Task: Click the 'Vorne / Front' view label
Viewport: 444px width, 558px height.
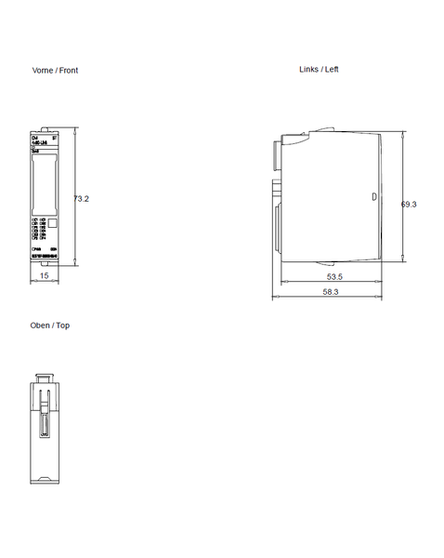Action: [55, 71]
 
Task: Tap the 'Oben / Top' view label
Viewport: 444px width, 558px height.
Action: [50, 325]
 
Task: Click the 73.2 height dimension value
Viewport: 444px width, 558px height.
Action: [81, 198]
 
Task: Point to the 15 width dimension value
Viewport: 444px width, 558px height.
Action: [44, 276]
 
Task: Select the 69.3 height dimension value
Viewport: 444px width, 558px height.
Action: [409, 204]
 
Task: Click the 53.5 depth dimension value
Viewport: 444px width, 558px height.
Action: [334, 277]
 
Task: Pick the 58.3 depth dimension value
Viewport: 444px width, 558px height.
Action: [330, 292]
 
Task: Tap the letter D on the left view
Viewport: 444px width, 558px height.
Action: [374, 197]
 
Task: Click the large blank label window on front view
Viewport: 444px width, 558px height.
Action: [44, 184]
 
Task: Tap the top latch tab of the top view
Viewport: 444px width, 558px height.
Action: [44, 379]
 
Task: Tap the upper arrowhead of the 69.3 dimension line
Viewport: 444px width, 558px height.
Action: [402, 135]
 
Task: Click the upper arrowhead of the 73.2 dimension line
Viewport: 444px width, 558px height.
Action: [73, 131]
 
